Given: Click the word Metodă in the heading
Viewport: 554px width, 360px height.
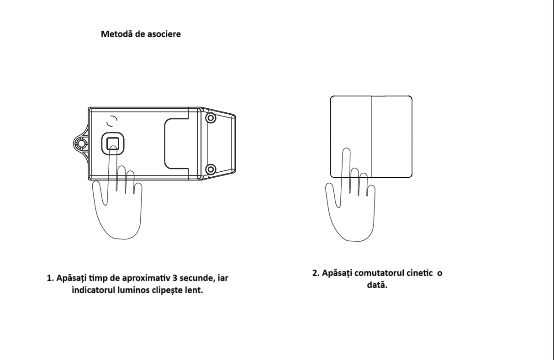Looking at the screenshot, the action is coord(117,34).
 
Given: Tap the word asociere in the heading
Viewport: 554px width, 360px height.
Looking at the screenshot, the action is coord(164,34).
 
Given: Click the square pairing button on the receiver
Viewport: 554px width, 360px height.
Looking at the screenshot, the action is coord(113,143).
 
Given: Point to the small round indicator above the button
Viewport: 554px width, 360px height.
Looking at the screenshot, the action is coord(112,121).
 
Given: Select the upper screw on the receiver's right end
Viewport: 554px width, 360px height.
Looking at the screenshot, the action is coord(211,118).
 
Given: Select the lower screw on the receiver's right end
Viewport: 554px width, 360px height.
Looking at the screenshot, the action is coord(211,169).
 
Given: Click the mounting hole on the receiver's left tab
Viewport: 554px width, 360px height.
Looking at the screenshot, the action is coord(81,143).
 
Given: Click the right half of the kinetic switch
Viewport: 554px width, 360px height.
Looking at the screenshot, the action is coord(391,137).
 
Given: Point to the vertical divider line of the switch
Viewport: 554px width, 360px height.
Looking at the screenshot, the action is coord(371,137).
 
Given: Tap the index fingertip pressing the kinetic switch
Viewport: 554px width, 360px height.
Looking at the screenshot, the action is coord(346,151).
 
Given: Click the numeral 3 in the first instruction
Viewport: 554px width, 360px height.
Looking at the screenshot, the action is coord(175,278).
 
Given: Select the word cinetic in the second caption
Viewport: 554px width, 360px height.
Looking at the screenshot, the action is coord(422,273).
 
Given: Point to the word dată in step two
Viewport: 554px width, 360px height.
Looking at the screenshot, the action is coord(377,285).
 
